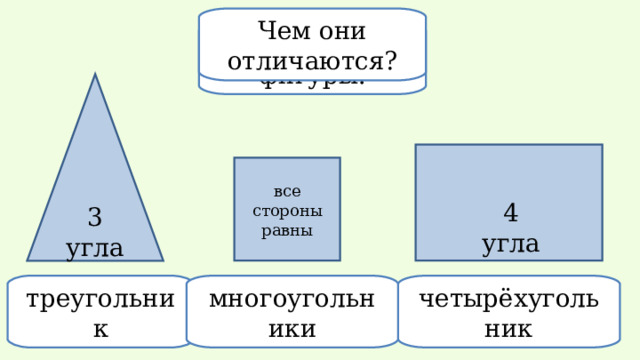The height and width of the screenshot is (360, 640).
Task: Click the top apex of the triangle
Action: click(x=95, y=75)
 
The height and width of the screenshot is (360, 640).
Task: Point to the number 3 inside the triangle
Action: click(x=95, y=218)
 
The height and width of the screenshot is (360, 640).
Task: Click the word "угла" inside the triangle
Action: click(x=95, y=247)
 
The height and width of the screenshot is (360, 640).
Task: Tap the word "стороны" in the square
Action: click(x=287, y=211)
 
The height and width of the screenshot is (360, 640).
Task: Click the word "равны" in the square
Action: click(x=287, y=230)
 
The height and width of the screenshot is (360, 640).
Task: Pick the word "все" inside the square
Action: click(x=287, y=192)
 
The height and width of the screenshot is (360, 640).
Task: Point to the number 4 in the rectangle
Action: click(x=510, y=214)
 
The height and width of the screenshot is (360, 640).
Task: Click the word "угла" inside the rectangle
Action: click(x=510, y=243)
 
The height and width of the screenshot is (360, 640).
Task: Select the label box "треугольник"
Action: click(x=99, y=311)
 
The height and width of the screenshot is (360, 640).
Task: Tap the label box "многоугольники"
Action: click(x=293, y=311)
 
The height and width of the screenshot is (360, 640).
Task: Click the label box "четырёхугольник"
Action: click(x=509, y=311)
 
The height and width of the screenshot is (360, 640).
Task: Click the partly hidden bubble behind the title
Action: click(x=312, y=87)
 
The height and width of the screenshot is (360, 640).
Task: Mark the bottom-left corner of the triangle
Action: click(x=28, y=260)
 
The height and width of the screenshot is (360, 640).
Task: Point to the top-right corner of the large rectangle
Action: click(x=601, y=146)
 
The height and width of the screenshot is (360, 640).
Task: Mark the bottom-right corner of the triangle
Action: click(x=162, y=260)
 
